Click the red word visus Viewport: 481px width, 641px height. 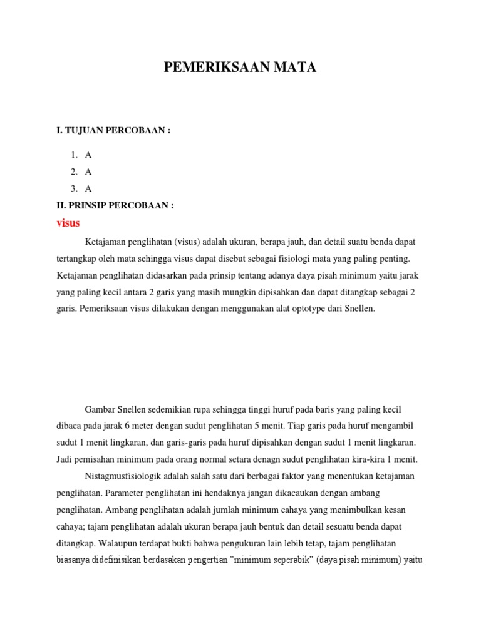(x=68, y=223)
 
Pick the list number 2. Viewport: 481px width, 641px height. (x=73, y=172)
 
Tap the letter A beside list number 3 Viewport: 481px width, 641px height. (x=88, y=188)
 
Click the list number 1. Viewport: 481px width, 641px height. (x=73, y=155)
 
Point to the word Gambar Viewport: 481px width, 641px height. (x=99, y=408)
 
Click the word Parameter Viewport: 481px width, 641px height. (x=123, y=493)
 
